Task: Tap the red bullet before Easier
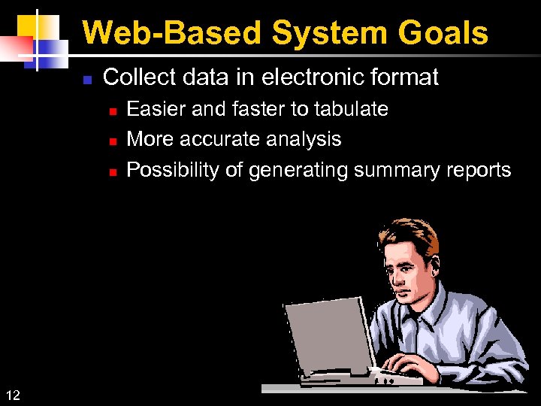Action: coord(111,111)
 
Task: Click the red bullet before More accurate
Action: coord(111,141)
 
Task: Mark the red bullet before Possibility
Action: coord(111,171)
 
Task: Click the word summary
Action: coord(393,171)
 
